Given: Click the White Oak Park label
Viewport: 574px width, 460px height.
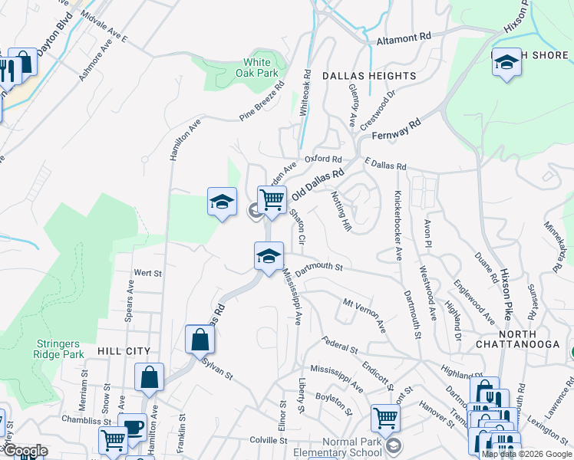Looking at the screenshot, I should (261, 68).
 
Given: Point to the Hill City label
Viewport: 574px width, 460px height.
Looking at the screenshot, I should (124, 351).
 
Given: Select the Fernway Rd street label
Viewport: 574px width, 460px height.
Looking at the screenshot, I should (396, 129).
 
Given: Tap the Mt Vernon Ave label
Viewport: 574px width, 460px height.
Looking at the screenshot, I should (364, 314).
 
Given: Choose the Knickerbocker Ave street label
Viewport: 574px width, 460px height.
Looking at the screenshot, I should (398, 225).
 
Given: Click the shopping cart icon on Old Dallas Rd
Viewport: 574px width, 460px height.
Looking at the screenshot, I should (272, 199).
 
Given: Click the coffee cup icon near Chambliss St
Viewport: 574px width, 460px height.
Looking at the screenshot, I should (134, 426).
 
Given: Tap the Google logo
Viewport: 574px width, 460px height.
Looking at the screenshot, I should (25, 451).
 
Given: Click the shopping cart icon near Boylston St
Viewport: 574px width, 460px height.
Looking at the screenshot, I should (385, 418).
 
